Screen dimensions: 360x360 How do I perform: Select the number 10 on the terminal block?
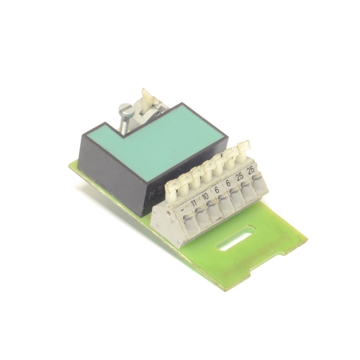(x=206, y=192)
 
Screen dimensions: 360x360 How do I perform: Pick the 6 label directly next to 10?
(x=217, y=186)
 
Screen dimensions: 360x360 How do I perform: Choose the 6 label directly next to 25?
(x=228, y=181)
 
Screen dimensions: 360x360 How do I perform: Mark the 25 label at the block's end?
(x=251, y=170)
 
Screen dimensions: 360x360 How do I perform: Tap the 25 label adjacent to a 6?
(x=239, y=176)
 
